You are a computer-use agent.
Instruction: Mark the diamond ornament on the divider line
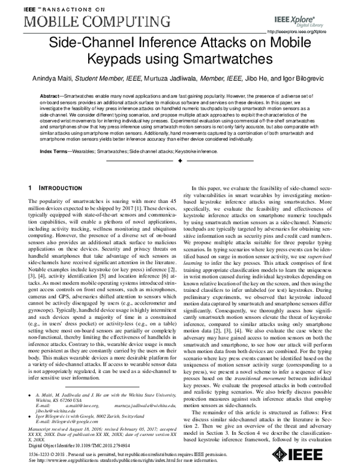pyautogui.click(x=180, y=162)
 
